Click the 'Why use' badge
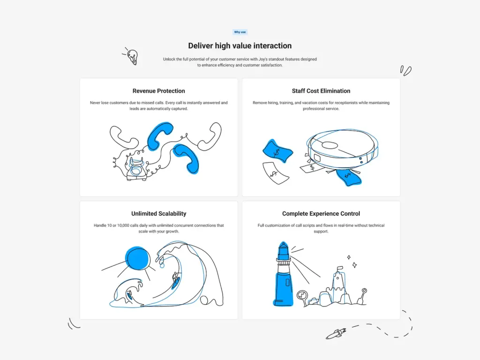point(240,32)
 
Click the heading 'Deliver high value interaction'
point(240,45)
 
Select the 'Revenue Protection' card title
point(158,91)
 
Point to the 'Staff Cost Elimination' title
point(321,91)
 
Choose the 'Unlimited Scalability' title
point(158,214)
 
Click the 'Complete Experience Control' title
point(321,214)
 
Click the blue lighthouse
point(283,277)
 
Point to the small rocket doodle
point(336,334)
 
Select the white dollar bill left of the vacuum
point(275,172)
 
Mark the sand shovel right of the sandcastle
point(362,295)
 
